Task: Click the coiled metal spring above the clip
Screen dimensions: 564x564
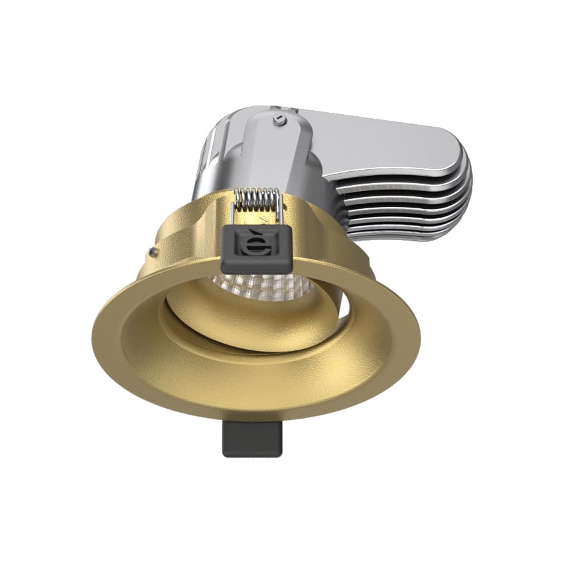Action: pos(257,198)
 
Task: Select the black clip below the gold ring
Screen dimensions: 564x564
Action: pos(251,439)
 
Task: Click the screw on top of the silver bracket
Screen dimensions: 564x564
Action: pos(280,119)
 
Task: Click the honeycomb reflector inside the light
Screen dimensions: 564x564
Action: pos(265,287)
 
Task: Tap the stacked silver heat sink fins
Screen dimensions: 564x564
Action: pos(411,199)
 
